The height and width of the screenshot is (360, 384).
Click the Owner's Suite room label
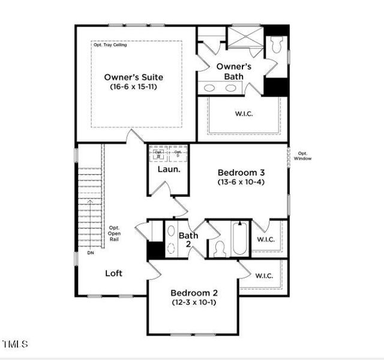(133, 77)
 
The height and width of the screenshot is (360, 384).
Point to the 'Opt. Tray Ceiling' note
(110, 45)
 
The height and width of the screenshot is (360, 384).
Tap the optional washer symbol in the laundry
(159, 153)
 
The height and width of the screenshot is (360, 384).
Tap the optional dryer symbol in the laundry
(178, 153)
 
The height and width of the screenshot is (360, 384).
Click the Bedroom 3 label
(241, 171)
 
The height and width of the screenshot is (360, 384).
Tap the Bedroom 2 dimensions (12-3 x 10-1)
(194, 302)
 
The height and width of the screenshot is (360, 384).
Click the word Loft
(114, 273)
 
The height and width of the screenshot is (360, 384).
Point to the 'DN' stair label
(91, 253)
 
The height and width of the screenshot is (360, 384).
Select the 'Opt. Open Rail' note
(114, 233)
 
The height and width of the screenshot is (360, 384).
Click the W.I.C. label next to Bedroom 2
(264, 276)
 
